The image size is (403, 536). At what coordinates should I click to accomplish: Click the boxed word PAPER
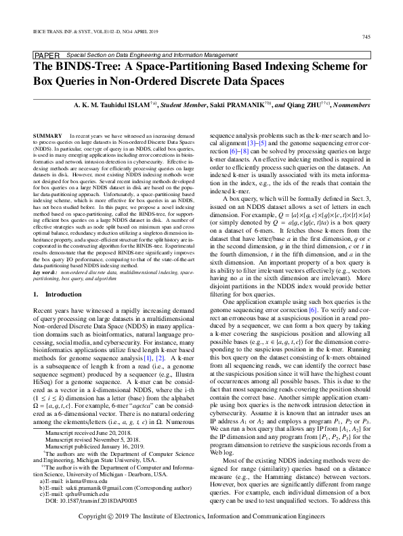[x=45, y=54]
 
